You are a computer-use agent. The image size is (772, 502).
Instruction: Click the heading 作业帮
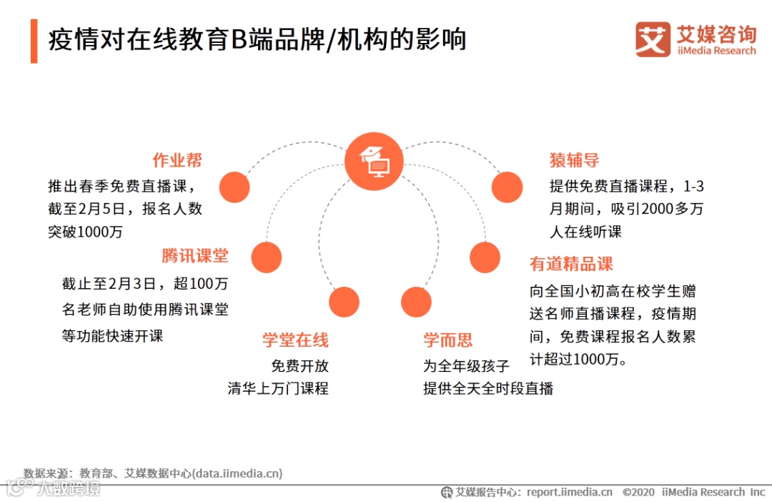point(177,159)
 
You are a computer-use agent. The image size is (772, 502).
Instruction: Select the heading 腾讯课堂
point(194,256)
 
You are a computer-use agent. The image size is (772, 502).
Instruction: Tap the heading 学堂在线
point(295,340)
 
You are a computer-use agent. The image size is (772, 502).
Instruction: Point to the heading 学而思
point(447,340)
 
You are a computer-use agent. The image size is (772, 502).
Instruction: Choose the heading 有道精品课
point(571,264)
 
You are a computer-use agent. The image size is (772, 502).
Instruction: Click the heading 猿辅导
point(574,159)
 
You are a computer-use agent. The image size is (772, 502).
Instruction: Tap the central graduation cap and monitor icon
point(374,161)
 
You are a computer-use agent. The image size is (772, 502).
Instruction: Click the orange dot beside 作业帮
point(234,187)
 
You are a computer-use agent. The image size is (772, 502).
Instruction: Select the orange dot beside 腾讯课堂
point(267,257)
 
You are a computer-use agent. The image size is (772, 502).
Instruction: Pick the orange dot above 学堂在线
point(344,302)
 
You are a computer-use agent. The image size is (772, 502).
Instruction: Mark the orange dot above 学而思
point(416,302)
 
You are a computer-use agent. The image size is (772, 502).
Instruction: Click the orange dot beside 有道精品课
point(485,257)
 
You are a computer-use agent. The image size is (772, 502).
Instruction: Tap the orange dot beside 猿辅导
point(508,187)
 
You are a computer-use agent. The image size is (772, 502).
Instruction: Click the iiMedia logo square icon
point(653,39)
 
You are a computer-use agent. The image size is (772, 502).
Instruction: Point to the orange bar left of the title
point(34,41)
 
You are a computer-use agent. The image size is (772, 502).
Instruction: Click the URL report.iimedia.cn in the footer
point(570,492)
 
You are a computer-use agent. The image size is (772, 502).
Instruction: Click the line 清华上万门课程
point(278,388)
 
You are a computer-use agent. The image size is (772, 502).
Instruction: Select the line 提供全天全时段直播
point(488,388)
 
